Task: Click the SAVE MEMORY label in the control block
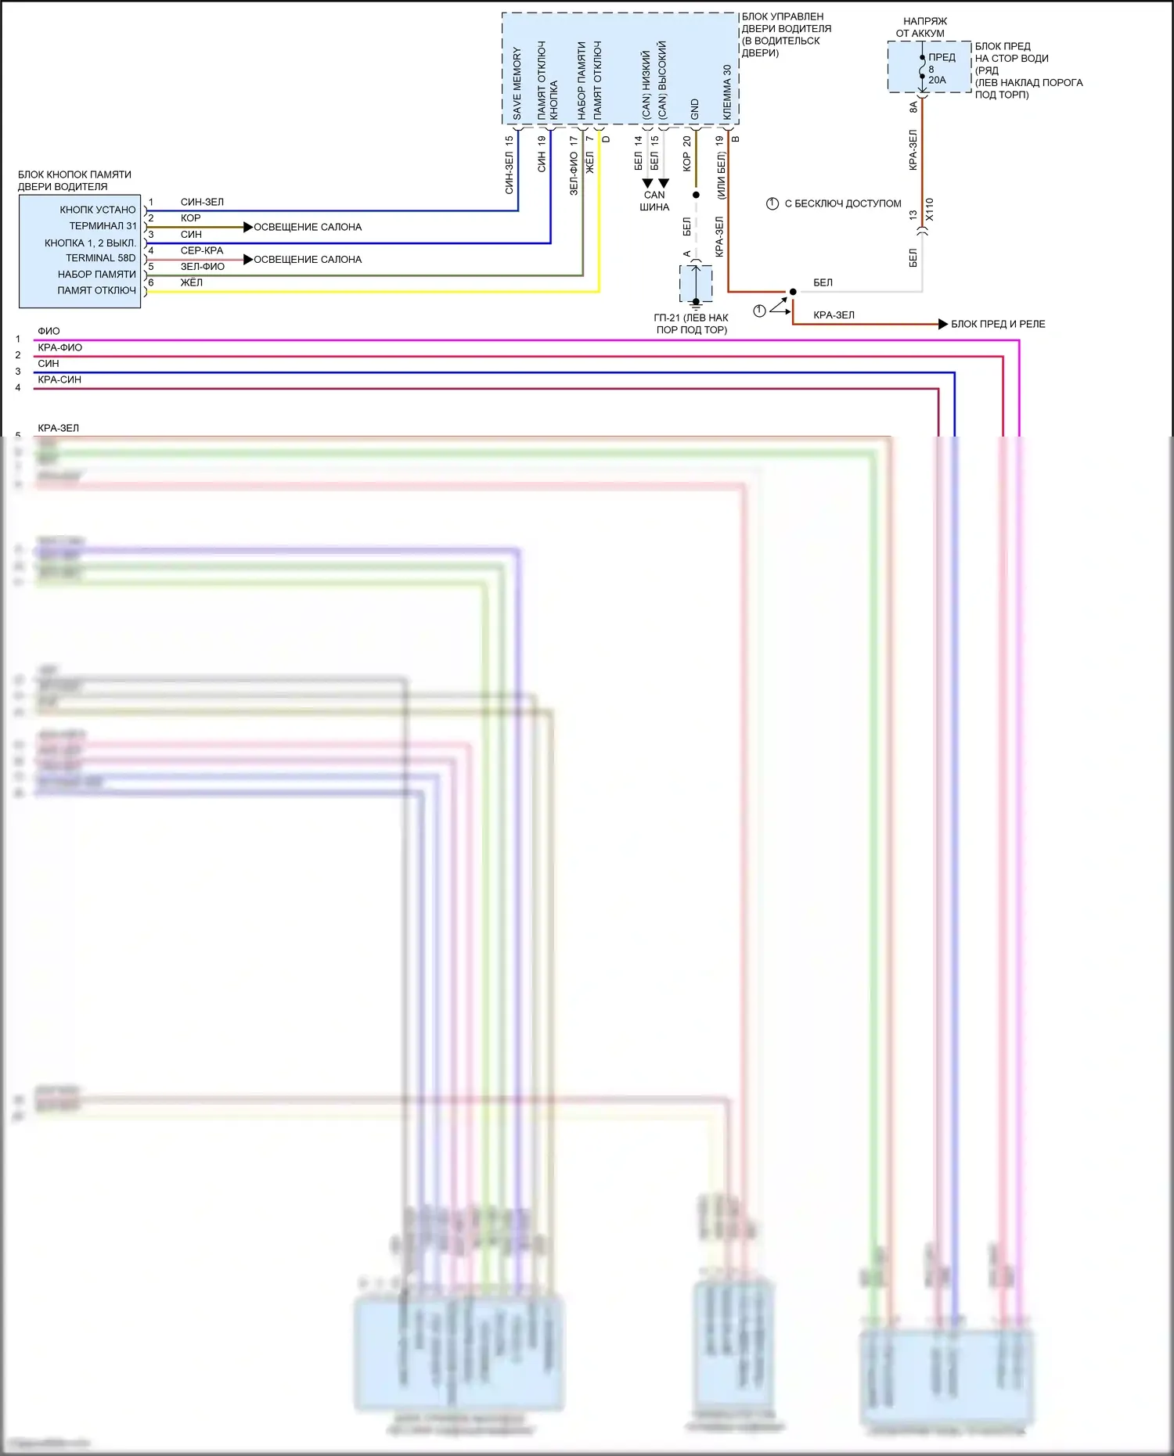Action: point(517,84)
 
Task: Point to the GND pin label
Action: point(695,110)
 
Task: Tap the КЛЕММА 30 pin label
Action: point(727,92)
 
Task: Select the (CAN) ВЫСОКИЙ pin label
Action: point(663,80)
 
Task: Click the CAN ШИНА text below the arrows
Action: point(654,201)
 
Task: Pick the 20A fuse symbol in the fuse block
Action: point(923,69)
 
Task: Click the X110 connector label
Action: point(930,209)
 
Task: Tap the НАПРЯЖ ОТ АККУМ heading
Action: point(923,27)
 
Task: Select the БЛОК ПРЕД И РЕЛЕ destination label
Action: point(998,324)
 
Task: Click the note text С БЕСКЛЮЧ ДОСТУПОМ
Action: point(842,203)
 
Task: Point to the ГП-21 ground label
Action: point(691,324)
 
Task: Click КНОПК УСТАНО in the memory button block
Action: point(98,210)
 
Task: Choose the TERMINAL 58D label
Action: point(100,258)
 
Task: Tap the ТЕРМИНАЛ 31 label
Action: point(103,226)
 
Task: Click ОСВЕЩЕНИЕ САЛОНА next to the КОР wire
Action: point(308,227)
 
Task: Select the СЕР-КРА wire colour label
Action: point(202,250)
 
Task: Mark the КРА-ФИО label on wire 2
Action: point(59,347)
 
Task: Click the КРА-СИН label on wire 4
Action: point(59,379)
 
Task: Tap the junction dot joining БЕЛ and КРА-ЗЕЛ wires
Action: point(793,292)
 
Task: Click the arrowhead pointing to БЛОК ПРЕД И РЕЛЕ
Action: point(943,324)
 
